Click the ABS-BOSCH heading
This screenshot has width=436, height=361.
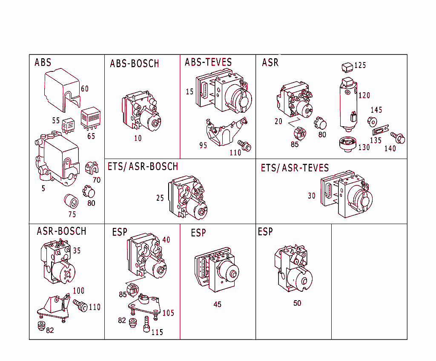[134, 64]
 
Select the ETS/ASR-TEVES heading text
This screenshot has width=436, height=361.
[295, 168]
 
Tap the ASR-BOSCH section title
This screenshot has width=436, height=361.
[61, 231]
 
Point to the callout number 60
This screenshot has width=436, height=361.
[85, 88]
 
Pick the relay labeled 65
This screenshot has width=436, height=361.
[90, 117]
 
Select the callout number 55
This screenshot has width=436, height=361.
[56, 120]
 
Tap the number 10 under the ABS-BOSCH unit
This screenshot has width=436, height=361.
[138, 138]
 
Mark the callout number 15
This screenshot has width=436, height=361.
[189, 91]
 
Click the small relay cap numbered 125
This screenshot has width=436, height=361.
[347, 67]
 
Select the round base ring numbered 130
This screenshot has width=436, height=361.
[348, 144]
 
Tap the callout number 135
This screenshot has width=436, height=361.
[376, 140]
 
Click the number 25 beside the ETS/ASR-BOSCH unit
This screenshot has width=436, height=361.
[160, 198]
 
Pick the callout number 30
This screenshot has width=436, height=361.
[312, 196]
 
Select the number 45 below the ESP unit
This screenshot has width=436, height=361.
[217, 304]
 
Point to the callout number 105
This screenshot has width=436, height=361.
[168, 313]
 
